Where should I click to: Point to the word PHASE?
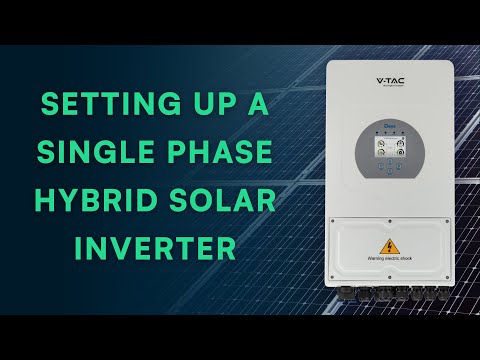[217, 154]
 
